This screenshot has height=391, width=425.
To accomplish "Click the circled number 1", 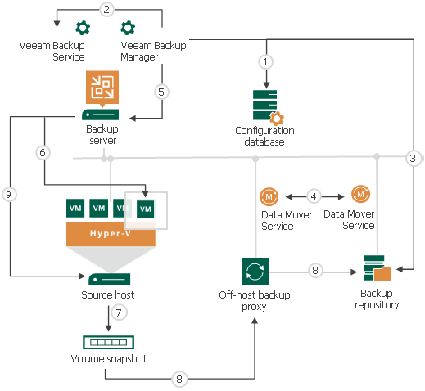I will click(x=264, y=61).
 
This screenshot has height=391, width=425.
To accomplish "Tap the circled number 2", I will click(x=106, y=10).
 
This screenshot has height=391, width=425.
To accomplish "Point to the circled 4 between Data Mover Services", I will click(x=313, y=196).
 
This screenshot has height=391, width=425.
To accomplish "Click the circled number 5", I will click(x=162, y=92).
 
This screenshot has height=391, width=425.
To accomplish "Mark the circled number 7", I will click(x=118, y=313).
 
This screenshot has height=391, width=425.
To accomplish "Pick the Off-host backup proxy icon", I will click(x=254, y=271).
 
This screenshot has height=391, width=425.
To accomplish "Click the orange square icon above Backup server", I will click(x=103, y=86).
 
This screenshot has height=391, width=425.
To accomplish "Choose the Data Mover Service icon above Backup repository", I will click(x=360, y=195).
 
